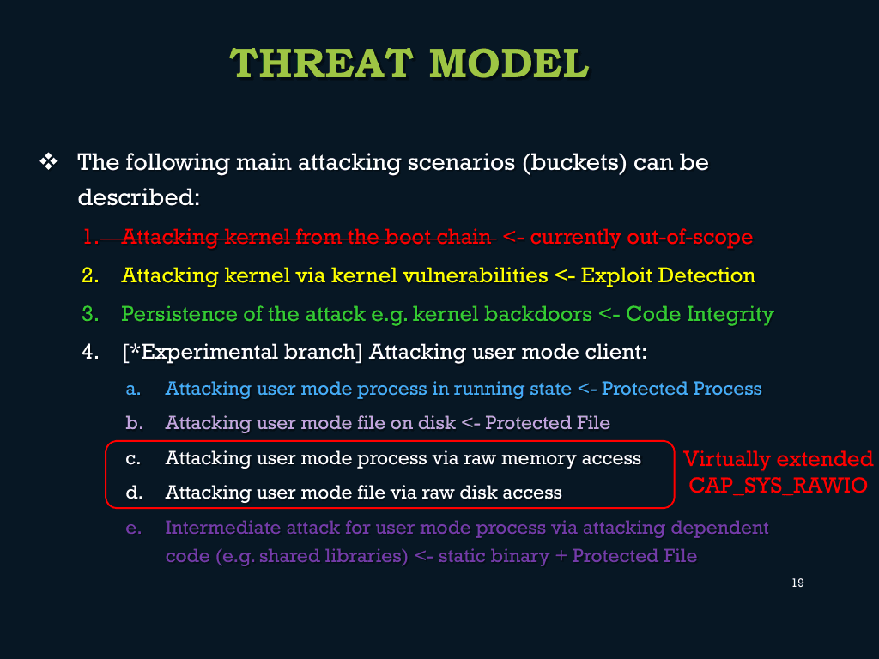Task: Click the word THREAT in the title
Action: [321, 63]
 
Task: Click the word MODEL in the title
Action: [509, 63]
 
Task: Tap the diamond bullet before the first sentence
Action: [48, 162]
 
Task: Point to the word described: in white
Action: [138, 197]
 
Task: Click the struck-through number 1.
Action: [90, 237]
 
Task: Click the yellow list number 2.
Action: [90, 275]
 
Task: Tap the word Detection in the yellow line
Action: [706, 275]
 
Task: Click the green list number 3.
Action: [90, 314]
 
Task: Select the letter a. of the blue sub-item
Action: [133, 389]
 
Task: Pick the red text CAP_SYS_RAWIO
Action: [778, 486]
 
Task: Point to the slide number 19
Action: [797, 583]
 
